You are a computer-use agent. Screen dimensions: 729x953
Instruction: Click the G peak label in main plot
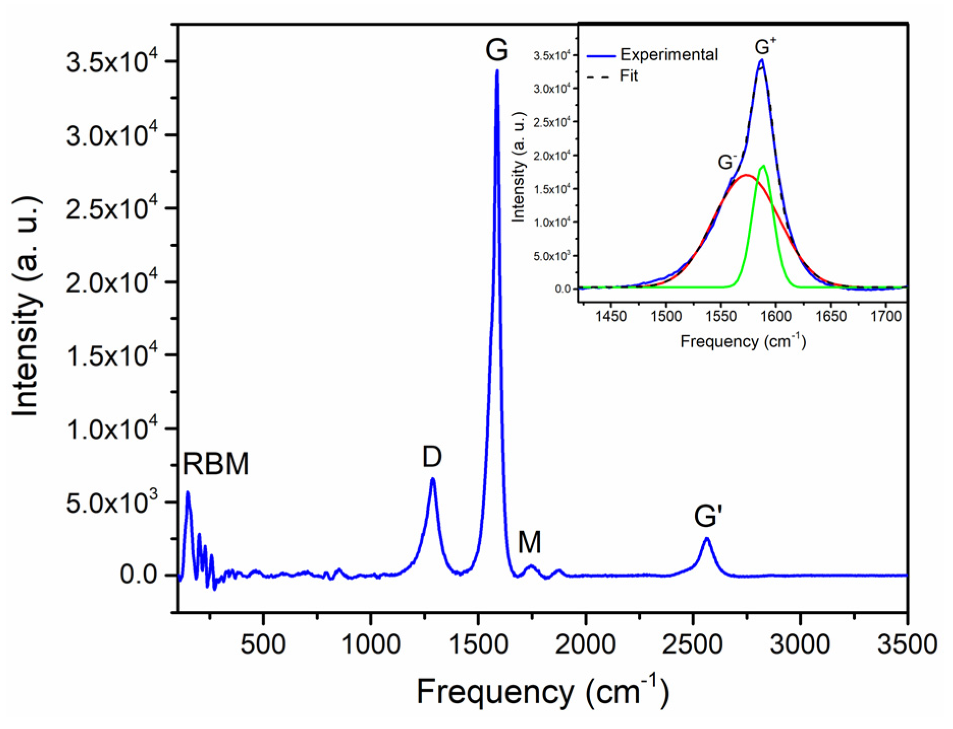point(496,50)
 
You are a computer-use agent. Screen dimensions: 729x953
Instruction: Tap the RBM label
point(216,464)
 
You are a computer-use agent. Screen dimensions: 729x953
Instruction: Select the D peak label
point(432,457)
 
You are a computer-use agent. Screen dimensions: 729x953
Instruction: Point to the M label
point(529,542)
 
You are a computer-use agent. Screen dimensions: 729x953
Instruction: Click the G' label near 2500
point(708,516)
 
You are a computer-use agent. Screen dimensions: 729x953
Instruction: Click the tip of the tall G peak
point(497,71)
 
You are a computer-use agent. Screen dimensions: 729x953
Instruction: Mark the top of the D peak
point(433,479)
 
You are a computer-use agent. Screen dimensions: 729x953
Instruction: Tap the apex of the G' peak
point(707,539)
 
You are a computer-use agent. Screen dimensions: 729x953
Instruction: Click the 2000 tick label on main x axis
point(585,644)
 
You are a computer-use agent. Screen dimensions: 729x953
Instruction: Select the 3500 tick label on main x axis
point(907,644)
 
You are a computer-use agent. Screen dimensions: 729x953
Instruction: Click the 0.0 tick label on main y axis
point(138,575)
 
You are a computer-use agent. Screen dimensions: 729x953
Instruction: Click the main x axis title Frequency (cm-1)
point(543,691)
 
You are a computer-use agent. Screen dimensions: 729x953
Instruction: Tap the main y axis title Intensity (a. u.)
point(25,305)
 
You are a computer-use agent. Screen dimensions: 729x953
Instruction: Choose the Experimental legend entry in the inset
point(668,54)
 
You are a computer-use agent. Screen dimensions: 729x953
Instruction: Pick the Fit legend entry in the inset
point(629,76)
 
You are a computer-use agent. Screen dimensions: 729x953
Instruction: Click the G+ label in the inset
point(765,47)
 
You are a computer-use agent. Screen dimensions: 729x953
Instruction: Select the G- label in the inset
point(726,162)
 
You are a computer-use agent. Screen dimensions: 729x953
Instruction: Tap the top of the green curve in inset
point(764,166)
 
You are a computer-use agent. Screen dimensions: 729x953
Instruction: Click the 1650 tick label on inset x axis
point(831,317)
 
